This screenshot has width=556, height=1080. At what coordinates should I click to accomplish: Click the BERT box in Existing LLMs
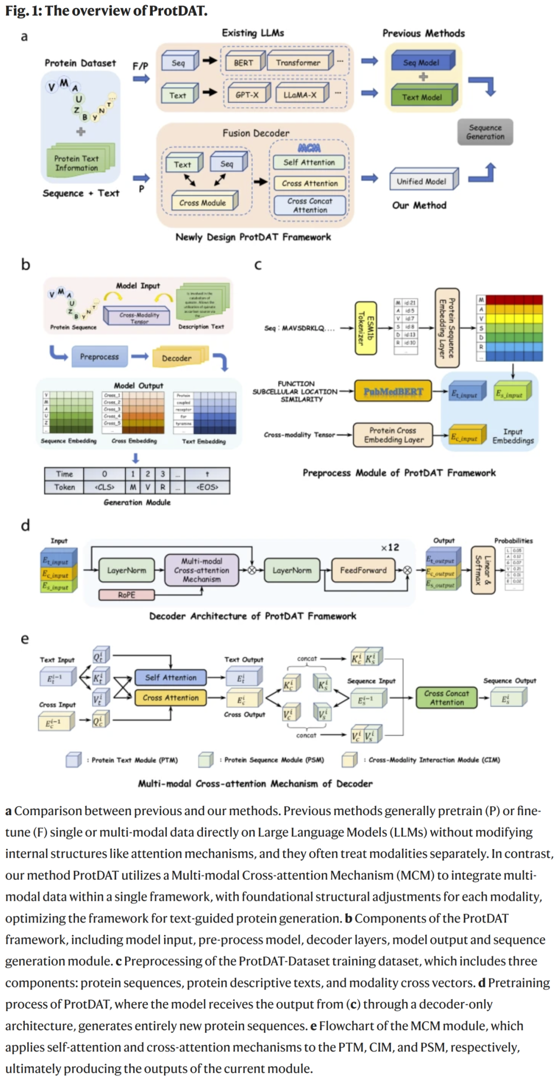[x=244, y=63]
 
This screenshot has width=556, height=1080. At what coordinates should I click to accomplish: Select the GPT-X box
[x=247, y=95]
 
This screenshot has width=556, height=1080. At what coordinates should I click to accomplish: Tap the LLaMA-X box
[x=300, y=95]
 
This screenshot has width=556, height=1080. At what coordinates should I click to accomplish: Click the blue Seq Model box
[x=421, y=62]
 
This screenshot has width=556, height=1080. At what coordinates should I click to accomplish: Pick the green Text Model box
[x=422, y=97]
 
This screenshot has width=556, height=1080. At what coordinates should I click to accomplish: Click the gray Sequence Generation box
[x=485, y=132]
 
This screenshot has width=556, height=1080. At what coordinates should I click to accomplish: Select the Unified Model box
[x=422, y=181]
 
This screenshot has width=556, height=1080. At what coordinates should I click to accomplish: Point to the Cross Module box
[x=203, y=202]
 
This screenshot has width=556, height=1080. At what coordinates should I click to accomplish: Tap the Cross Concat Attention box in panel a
[x=310, y=206]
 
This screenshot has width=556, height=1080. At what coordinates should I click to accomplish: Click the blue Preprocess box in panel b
[x=99, y=357]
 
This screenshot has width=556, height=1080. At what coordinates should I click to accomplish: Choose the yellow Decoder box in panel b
[x=177, y=358]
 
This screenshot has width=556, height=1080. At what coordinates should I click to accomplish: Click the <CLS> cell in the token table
[x=104, y=487]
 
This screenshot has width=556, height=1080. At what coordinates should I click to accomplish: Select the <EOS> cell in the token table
[x=207, y=487]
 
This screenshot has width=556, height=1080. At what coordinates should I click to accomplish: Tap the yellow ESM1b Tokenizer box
[x=366, y=328]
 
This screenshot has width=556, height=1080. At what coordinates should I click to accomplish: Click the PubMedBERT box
[x=393, y=392]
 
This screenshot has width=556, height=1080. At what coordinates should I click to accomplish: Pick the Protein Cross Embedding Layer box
[x=393, y=435]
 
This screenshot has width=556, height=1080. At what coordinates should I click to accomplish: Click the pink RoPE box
[x=127, y=595]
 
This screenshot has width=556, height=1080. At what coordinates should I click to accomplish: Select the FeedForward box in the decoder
[x=363, y=570]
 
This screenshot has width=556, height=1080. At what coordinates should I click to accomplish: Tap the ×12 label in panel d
[x=390, y=547]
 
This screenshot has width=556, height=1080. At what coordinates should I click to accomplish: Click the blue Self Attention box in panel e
[x=170, y=678]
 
